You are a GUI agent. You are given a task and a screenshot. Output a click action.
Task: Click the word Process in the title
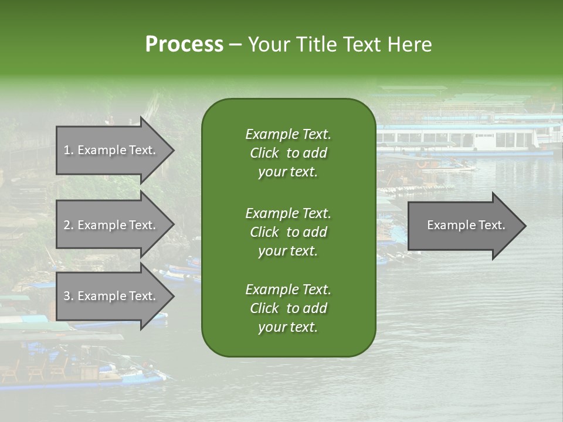(x=184, y=45)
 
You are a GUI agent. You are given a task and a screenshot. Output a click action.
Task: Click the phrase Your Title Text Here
(x=340, y=45)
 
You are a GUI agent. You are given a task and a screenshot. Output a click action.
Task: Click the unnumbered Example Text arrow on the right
(x=466, y=225)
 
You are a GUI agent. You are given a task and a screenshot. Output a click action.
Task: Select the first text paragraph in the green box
(x=288, y=153)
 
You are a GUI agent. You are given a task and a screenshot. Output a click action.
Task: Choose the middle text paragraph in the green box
(x=288, y=232)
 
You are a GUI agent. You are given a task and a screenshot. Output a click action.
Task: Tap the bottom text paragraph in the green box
(x=288, y=308)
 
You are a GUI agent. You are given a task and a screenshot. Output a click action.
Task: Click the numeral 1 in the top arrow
(x=67, y=150)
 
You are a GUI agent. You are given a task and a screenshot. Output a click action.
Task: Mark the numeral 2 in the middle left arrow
(x=67, y=225)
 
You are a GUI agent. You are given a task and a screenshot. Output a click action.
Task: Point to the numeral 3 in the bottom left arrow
(x=67, y=296)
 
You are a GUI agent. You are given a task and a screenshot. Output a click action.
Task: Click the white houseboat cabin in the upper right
(x=498, y=139)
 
